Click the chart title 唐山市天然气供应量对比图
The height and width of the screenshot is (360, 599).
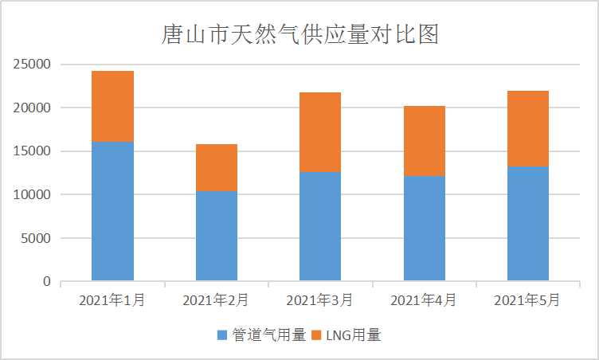(x=299, y=35)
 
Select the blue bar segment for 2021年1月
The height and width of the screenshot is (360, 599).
(x=112, y=211)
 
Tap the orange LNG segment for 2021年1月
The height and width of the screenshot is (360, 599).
(x=112, y=106)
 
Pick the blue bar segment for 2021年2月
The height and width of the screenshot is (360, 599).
(x=216, y=236)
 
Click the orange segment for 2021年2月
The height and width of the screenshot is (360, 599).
(x=216, y=167)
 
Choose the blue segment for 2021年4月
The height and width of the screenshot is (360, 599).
(x=424, y=229)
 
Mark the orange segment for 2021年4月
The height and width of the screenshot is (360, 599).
(x=424, y=141)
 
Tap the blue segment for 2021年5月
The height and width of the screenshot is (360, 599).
(x=527, y=224)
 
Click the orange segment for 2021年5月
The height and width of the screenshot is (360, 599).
(x=527, y=128)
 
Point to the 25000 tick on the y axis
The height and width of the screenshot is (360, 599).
(x=33, y=65)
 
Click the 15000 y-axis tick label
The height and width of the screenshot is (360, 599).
(x=33, y=151)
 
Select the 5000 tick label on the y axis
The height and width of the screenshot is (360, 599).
(x=37, y=238)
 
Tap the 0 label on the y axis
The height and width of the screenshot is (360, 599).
(x=46, y=281)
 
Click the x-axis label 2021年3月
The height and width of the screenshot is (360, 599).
(x=319, y=300)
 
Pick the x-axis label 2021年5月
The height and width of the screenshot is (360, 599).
(x=527, y=300)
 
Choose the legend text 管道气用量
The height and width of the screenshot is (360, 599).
(x=269, y=335)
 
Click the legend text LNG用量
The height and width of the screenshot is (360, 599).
(x=357, y=335)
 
